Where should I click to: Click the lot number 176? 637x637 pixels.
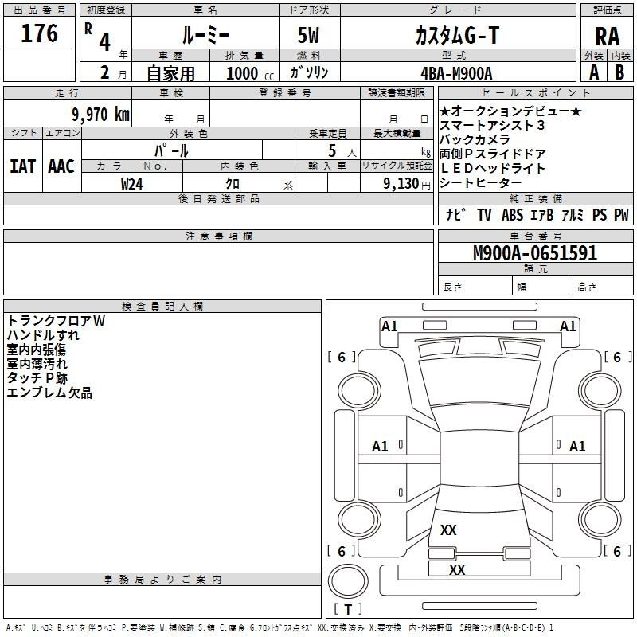(40, 33)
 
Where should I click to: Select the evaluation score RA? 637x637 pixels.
(607, 36)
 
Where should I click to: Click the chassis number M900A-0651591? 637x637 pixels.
(534, 254)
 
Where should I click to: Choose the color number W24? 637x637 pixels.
(133, 183)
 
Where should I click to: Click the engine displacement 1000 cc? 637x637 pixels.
(249, 73)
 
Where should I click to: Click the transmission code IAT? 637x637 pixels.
(22, 166)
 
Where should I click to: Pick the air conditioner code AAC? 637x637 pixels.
(61, 166)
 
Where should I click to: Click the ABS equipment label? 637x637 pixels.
(512, 215)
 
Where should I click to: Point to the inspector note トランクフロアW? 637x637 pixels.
(56, 321)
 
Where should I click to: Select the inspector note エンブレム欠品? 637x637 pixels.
(49, 393)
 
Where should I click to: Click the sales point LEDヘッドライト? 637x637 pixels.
(493, 168)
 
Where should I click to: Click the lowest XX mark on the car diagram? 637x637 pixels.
(457, 569)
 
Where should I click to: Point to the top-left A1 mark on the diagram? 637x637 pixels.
(389, 326)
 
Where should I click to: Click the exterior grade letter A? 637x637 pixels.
(594, 72)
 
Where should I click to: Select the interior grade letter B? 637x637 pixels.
(620, 72)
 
